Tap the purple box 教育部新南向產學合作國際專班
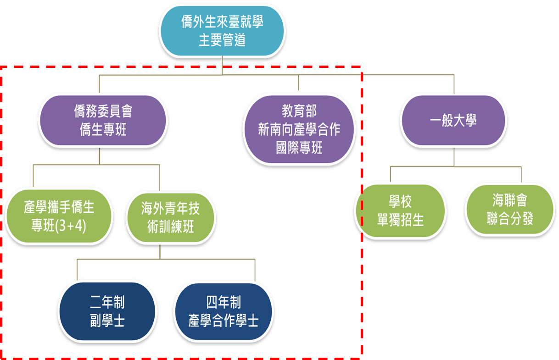[299, 129]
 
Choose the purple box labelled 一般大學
[453, 121]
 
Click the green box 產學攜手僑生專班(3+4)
[59, 216]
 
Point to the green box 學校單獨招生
[400, 211]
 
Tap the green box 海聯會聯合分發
[509, 209]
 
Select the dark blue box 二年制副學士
[107, 311]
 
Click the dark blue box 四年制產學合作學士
[224, 311]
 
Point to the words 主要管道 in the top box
[222, 40]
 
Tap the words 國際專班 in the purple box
[299, 148]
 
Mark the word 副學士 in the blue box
[107, 321]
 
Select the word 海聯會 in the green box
[509, 200]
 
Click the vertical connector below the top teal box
[222, 66]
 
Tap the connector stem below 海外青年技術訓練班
[160, 252]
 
